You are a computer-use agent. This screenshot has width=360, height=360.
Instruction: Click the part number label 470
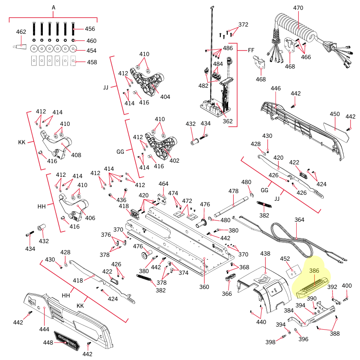click(x=298, y=8)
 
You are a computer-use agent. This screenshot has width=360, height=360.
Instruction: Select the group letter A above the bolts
click(x=54, y=8)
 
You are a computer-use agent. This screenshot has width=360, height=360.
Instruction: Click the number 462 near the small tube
click(x=21, y=32)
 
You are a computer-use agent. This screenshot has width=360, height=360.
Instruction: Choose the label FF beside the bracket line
click(x=251, y=50)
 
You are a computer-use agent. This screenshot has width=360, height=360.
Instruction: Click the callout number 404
click(x=165, y=97)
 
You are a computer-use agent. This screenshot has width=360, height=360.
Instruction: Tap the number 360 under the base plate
click(x=204, y=286)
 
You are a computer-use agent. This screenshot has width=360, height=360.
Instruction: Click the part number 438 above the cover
click(x=265, y=253)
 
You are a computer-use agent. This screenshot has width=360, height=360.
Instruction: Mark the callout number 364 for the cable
click(x=299, y=220)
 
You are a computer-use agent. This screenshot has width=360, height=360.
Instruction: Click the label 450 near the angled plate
click(x=335, y=114)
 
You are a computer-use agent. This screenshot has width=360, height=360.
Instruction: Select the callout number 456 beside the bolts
click(x=90, y=29)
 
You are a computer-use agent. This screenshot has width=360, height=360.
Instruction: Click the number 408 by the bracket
click(x=76, y=155)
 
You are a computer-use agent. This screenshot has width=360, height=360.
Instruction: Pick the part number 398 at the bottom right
click(x=270, y=342)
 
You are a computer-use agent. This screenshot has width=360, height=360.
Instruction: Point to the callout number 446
click(x=276, y=88)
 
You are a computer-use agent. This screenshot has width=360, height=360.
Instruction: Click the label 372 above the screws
click(x=243, y=24)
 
